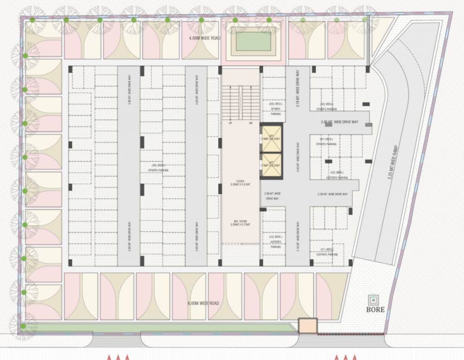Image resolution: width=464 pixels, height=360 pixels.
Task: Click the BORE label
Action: [x=375, y=309]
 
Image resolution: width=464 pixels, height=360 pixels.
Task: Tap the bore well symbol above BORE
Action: [x=374, y=299]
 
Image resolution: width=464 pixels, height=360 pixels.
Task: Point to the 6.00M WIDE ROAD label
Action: [x=203, y=303]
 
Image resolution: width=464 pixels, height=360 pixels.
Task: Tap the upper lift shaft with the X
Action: [x=272, y=138]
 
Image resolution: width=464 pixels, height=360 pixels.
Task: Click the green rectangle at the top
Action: [x=253, y=41]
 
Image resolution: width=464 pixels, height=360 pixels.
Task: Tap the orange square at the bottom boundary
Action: [x=308, y=326]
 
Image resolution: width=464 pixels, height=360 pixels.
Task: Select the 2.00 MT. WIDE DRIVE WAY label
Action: [x=340, y=122]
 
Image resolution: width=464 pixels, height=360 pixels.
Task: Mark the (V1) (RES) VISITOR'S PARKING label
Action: [x=327, y=252]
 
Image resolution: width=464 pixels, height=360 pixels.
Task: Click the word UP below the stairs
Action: [x=230, y=123]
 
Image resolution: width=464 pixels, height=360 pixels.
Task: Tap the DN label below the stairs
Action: [x=251, y=123]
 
